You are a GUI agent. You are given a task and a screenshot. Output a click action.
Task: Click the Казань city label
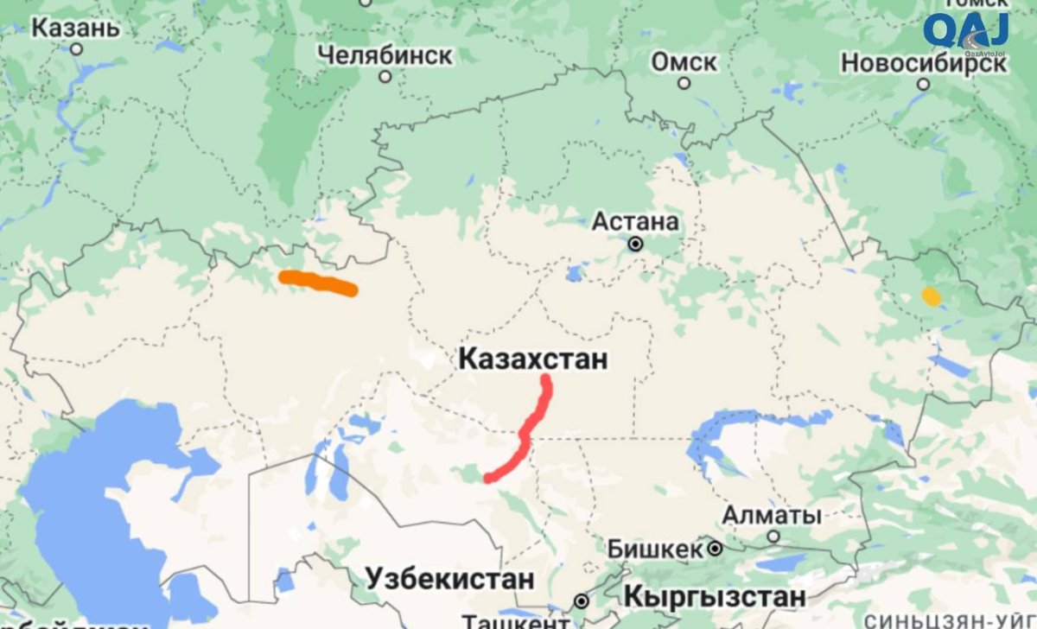(75, 28)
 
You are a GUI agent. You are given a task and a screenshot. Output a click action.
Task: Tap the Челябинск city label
(385, 55)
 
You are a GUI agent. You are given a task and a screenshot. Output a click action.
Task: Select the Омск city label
(684, 62)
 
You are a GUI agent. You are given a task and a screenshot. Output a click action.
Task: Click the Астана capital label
(635, 222)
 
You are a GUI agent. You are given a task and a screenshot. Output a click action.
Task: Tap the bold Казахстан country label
(533, 359)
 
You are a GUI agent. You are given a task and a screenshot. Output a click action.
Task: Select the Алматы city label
(772, 516)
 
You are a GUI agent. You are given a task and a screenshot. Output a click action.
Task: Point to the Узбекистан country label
(449, 578)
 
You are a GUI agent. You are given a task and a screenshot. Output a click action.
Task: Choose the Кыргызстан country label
(714, 596)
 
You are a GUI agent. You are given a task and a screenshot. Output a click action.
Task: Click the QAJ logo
(965, 32)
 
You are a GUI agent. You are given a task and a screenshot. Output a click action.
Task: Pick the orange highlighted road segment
(317, 283)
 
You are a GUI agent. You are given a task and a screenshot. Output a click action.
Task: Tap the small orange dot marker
(931, 296)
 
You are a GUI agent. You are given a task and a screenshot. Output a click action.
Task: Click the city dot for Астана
(636, 245)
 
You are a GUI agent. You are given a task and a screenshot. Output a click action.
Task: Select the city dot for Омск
(684, 84)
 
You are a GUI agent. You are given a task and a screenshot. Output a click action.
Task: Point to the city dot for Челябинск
(385, 77)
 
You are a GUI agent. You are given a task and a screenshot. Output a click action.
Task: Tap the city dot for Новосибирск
(924, 85)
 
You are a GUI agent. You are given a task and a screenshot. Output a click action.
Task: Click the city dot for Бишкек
(716, 549)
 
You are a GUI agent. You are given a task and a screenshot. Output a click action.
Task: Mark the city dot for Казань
(76, 49)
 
